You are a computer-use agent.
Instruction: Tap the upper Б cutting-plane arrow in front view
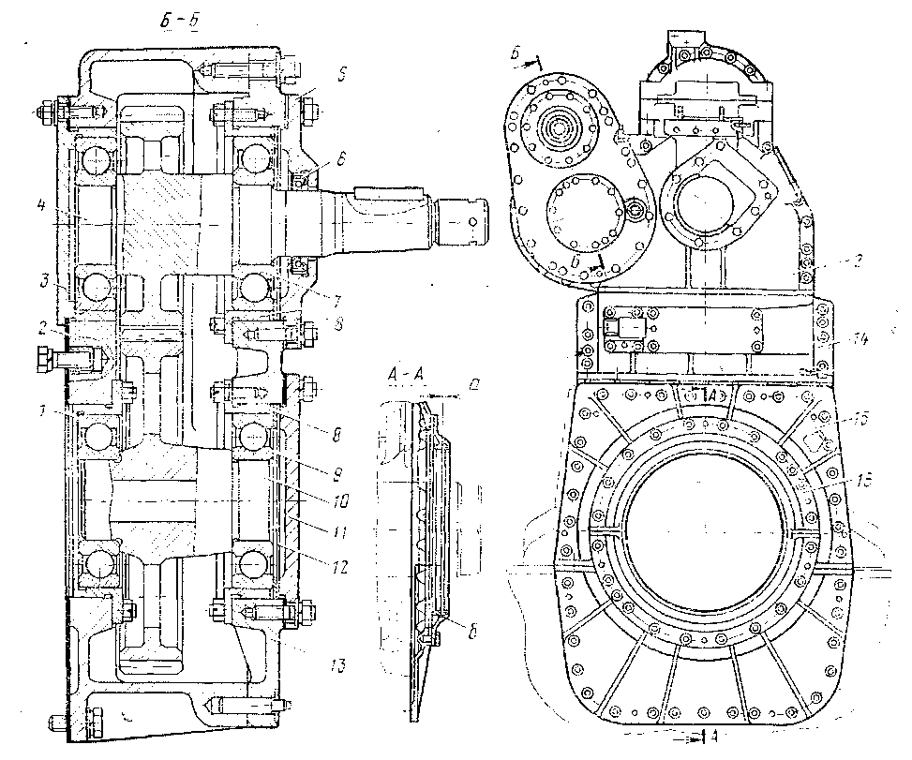tap(529, 59)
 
